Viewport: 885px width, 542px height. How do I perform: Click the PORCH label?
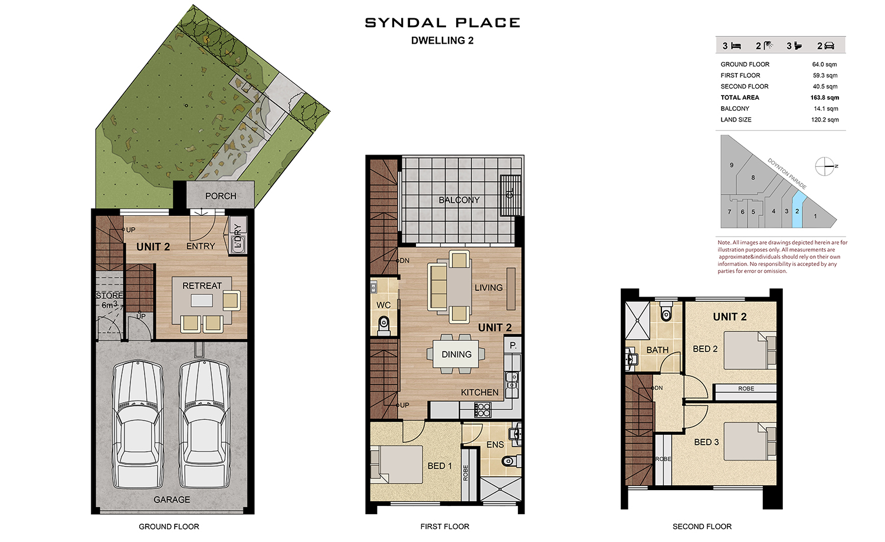[221, 196]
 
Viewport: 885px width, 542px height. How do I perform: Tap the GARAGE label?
[172, 500]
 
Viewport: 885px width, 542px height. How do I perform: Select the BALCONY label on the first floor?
[459, 201]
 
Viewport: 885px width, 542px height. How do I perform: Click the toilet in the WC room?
[383, 326]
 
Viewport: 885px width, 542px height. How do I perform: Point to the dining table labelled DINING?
[456, 354]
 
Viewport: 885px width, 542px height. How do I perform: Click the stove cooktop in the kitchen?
[482, 410]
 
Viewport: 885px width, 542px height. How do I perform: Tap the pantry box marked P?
[513, 345]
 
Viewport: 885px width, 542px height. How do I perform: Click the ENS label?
[495, 445]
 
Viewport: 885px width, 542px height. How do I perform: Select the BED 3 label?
[706, 442]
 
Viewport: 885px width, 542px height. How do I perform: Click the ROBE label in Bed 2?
[746, 389]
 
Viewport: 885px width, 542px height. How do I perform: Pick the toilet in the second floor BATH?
[666, 311]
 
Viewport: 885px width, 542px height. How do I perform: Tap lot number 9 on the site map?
[732, 165]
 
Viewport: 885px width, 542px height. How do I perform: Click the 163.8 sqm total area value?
[825, 97]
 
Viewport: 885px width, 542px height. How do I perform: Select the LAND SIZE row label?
[736, 120]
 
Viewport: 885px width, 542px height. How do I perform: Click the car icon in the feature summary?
[830, 46]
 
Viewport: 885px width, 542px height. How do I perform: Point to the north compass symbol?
[825, 166]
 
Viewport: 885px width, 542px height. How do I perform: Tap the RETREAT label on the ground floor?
[202, 285]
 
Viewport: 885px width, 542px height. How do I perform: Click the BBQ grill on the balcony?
[511, 195]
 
